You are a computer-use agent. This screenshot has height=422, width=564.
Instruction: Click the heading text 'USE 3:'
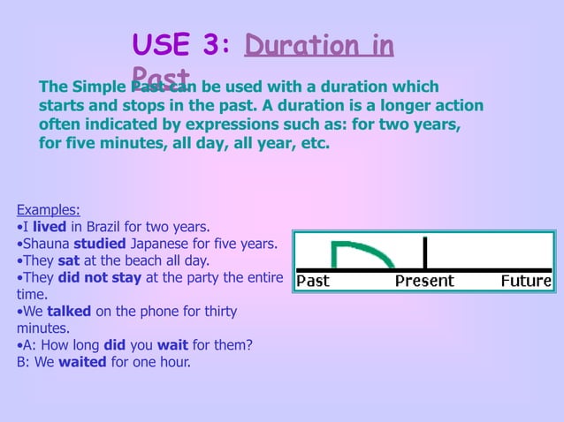tap(180, 45)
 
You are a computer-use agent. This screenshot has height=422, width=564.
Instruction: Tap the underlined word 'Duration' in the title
tap(291, 45)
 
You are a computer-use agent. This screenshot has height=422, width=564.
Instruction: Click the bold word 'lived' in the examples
tap(50, 226)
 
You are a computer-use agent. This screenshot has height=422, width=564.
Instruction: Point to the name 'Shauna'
tap(46, 243)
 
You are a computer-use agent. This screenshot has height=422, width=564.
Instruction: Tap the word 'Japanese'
tap(164, 243)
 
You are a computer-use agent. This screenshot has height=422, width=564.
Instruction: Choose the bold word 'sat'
tap(68, 260)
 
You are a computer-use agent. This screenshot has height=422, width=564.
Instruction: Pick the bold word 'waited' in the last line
tap(82, 362)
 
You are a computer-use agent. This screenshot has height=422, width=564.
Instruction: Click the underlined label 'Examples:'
tap(49, 209)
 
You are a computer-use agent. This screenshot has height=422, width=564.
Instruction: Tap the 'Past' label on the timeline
tap(313, 282)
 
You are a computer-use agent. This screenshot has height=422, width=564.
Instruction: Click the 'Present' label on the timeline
tap(423, 282)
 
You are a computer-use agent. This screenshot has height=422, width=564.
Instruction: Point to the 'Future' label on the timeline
tap(525, 282)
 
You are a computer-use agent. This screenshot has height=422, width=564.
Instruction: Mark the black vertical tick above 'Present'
tap(425, 252)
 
